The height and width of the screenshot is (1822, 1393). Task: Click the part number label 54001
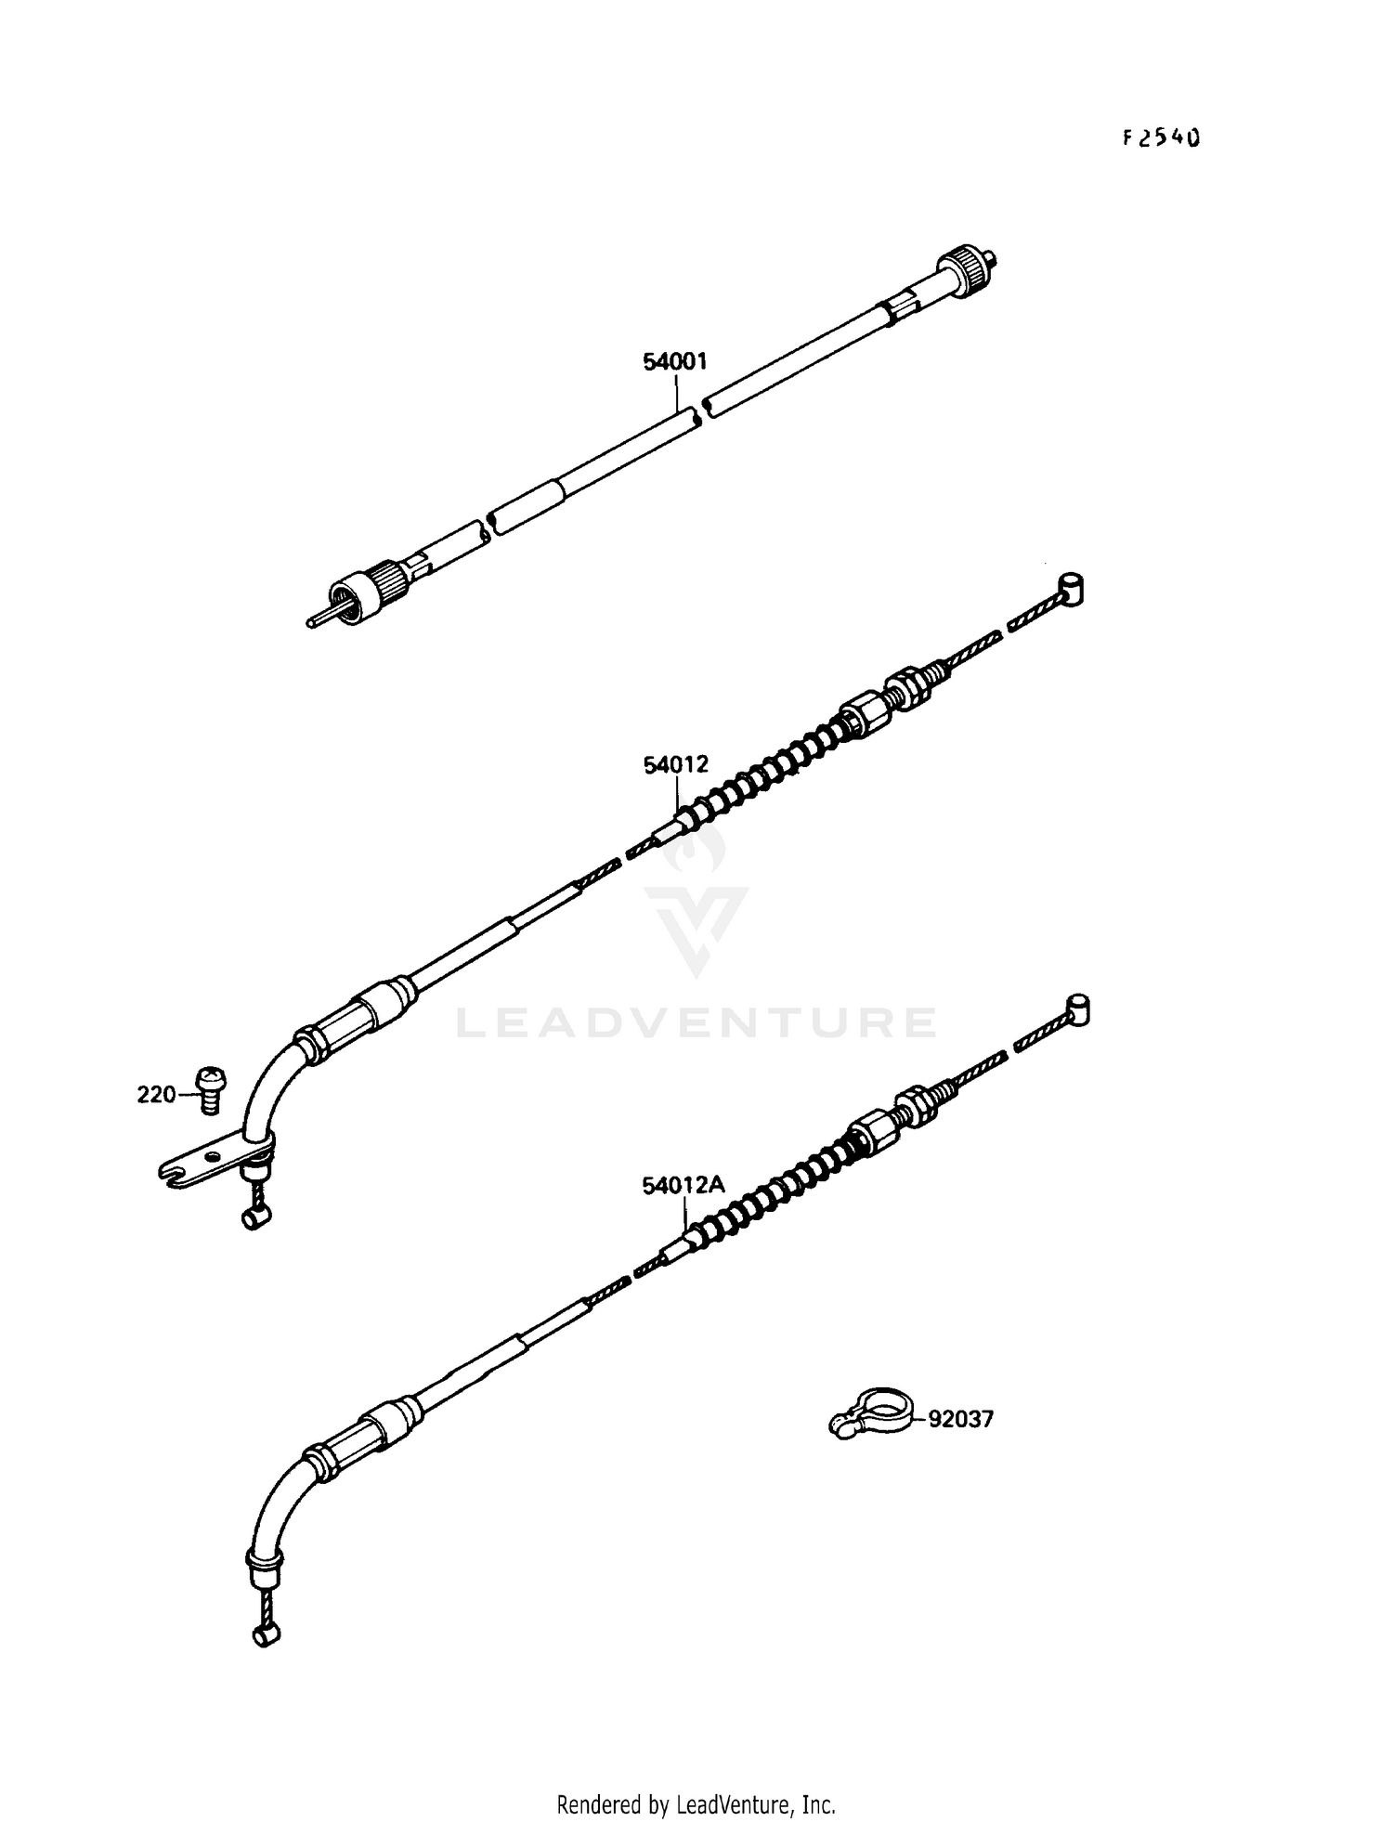click(674, 361)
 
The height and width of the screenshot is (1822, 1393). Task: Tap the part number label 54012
click(675, 764)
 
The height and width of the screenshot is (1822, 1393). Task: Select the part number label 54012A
click(683, 1186)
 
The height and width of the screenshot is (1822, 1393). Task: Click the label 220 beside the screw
click(155, 1095)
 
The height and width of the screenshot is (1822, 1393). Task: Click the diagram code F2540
click(1161, 138)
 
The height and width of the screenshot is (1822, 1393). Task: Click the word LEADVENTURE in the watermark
click(696, 1022)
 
